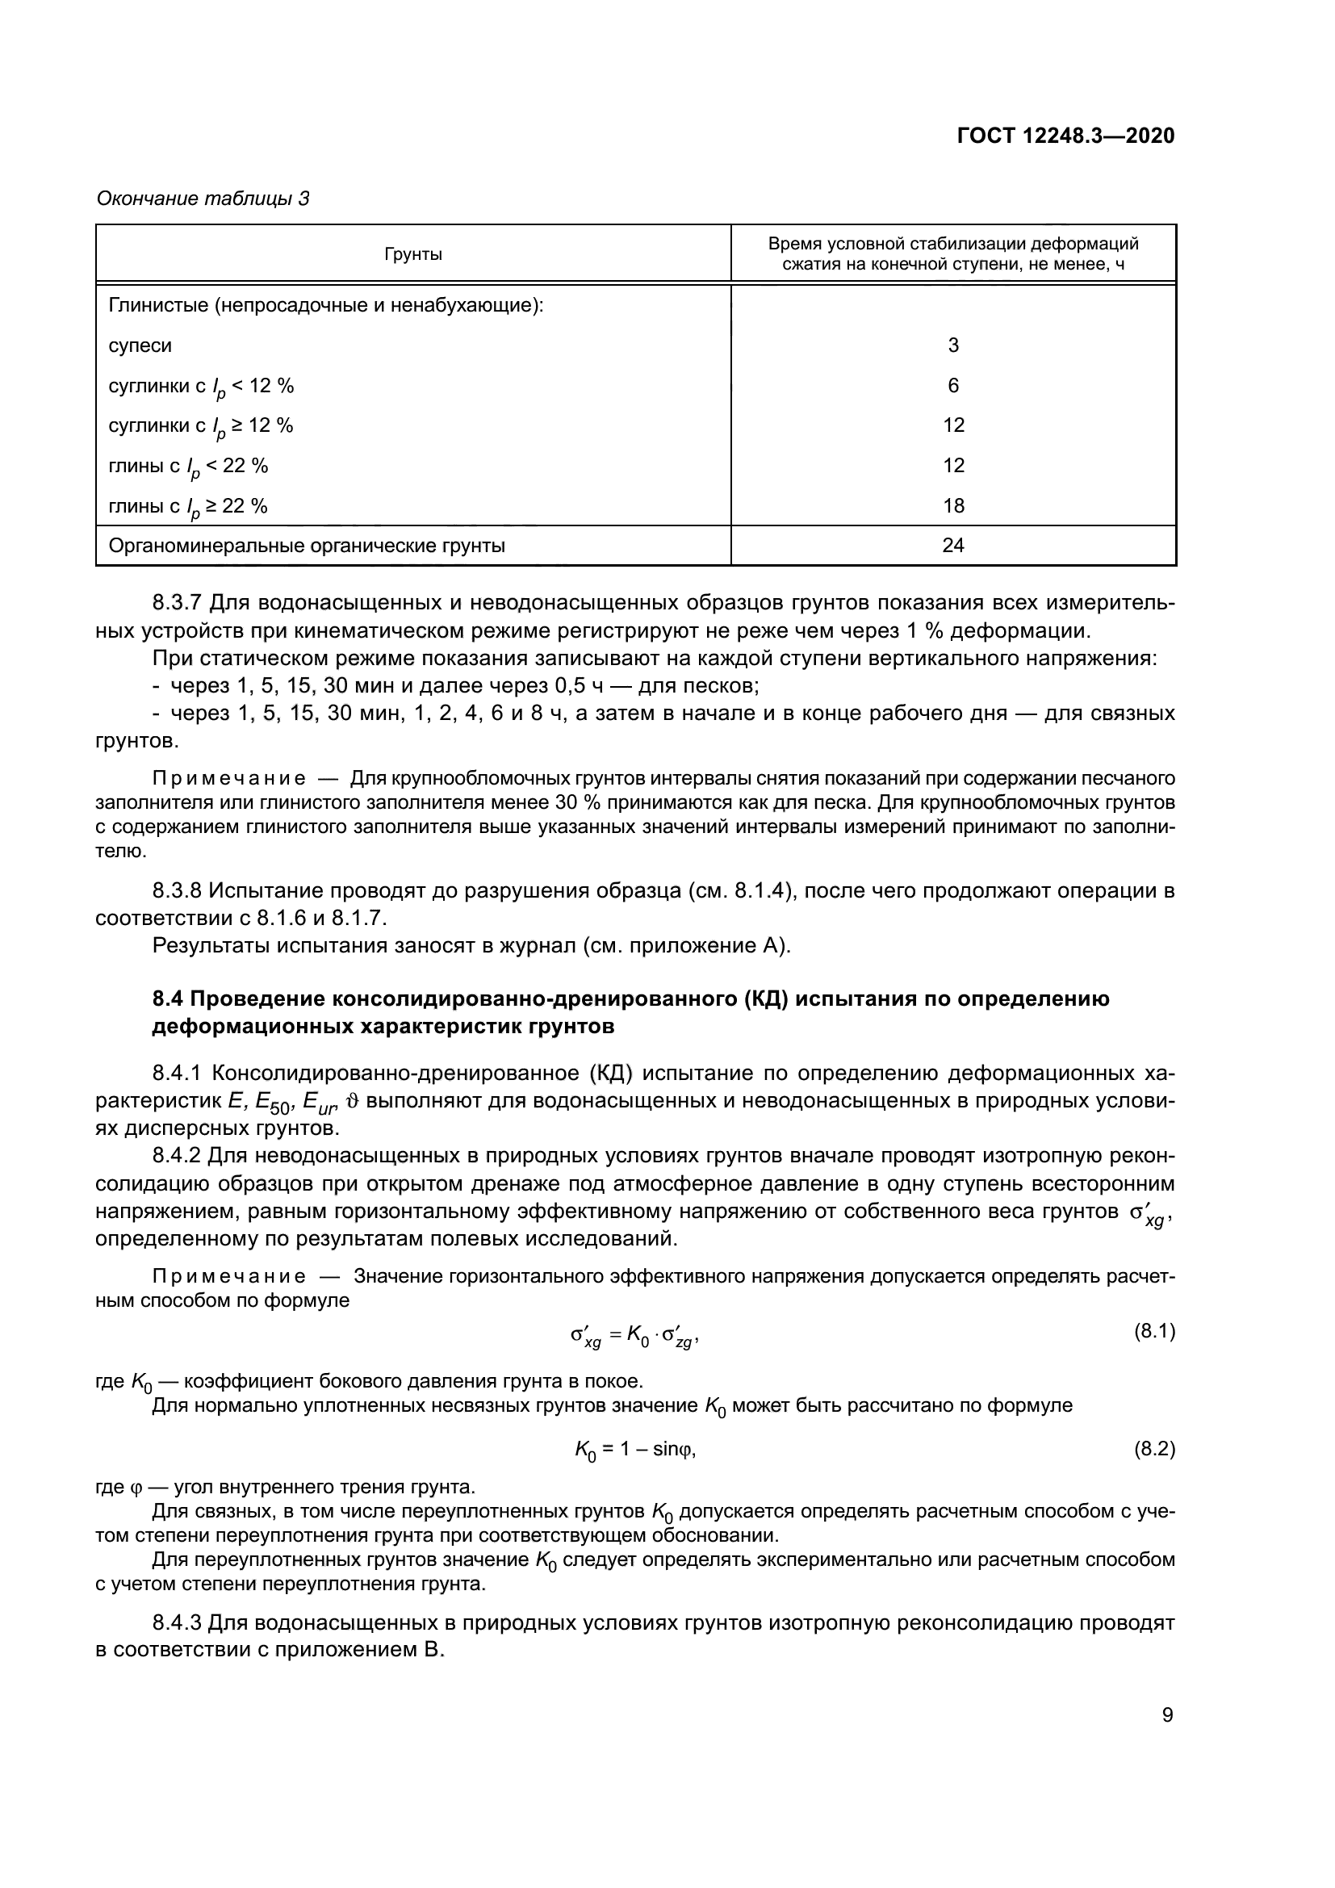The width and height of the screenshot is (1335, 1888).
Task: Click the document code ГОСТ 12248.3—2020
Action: click(x=1065, y=136)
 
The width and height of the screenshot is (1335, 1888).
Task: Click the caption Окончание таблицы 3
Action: click(x=203, y=199)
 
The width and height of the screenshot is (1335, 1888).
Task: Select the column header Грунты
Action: click(x=413, y=254)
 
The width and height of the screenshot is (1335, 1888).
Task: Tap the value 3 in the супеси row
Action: click(x=952, y=345)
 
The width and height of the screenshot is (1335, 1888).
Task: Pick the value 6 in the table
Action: click(x=952, y=386)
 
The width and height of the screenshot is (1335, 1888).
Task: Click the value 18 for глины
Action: click(x=952, y=506)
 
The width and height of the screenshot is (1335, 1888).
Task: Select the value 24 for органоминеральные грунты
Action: click(x=952, y=545)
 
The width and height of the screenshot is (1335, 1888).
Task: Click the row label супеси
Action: click(x=140, y=345)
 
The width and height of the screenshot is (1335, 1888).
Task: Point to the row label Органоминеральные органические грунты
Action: click(x=307, y=545)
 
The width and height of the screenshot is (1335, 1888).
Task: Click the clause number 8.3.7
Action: click(x=177, y=603)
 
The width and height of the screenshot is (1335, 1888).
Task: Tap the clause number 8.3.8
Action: click(x=177, y=890)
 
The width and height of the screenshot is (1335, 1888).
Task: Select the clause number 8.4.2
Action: click(x=177, y=1156)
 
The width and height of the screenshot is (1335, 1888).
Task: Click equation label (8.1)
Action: click(x=1154, y=1331)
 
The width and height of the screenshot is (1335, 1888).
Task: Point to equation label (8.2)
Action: click(x=1154, y=1448)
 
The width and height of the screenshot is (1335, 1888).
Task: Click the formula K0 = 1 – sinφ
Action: click(x=635, y=1450)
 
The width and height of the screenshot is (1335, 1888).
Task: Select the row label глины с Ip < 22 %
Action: click(x=188, y=467)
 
